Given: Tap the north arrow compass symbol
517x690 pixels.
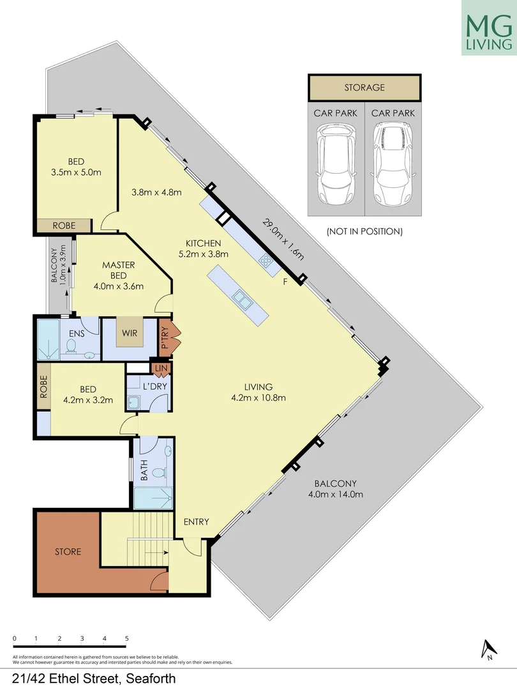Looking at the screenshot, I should pos(488,648).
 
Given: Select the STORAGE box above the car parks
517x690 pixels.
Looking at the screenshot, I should pos(364,88).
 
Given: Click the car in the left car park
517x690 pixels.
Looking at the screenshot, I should pos(336,163).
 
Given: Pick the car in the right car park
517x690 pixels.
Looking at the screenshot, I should pos(393,163).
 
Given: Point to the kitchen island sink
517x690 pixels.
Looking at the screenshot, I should pos(241,297).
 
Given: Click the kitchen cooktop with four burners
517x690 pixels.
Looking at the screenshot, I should pos(266,260).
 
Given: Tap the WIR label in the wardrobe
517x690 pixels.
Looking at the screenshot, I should pos(130,333).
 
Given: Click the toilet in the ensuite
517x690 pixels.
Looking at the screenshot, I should pos(71,346).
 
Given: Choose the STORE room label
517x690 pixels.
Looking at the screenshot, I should pos(68,551).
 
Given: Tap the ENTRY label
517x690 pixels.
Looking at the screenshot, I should pos(196,522).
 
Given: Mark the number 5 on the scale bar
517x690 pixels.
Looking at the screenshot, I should pos(127,638).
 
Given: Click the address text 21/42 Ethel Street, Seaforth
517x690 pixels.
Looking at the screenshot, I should pos(93,678).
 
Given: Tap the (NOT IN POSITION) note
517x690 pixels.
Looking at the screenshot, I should pos(364,231).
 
